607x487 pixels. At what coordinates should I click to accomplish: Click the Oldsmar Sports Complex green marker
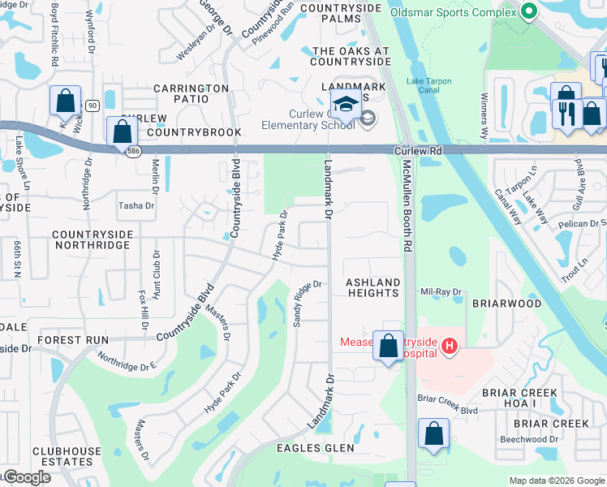click(x=529, y=12)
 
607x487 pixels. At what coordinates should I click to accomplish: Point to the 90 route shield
click(x=92, y=106)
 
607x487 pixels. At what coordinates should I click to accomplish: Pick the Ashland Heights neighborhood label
click(x=373, y=287)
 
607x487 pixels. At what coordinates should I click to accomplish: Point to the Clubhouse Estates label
click(x=67, y=456)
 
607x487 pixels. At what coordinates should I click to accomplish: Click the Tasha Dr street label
click(x=136, y=206)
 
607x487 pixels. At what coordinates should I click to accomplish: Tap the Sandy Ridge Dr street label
click(x=308, y=304)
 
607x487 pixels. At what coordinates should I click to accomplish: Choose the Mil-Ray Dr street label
click(x=441, y=291)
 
